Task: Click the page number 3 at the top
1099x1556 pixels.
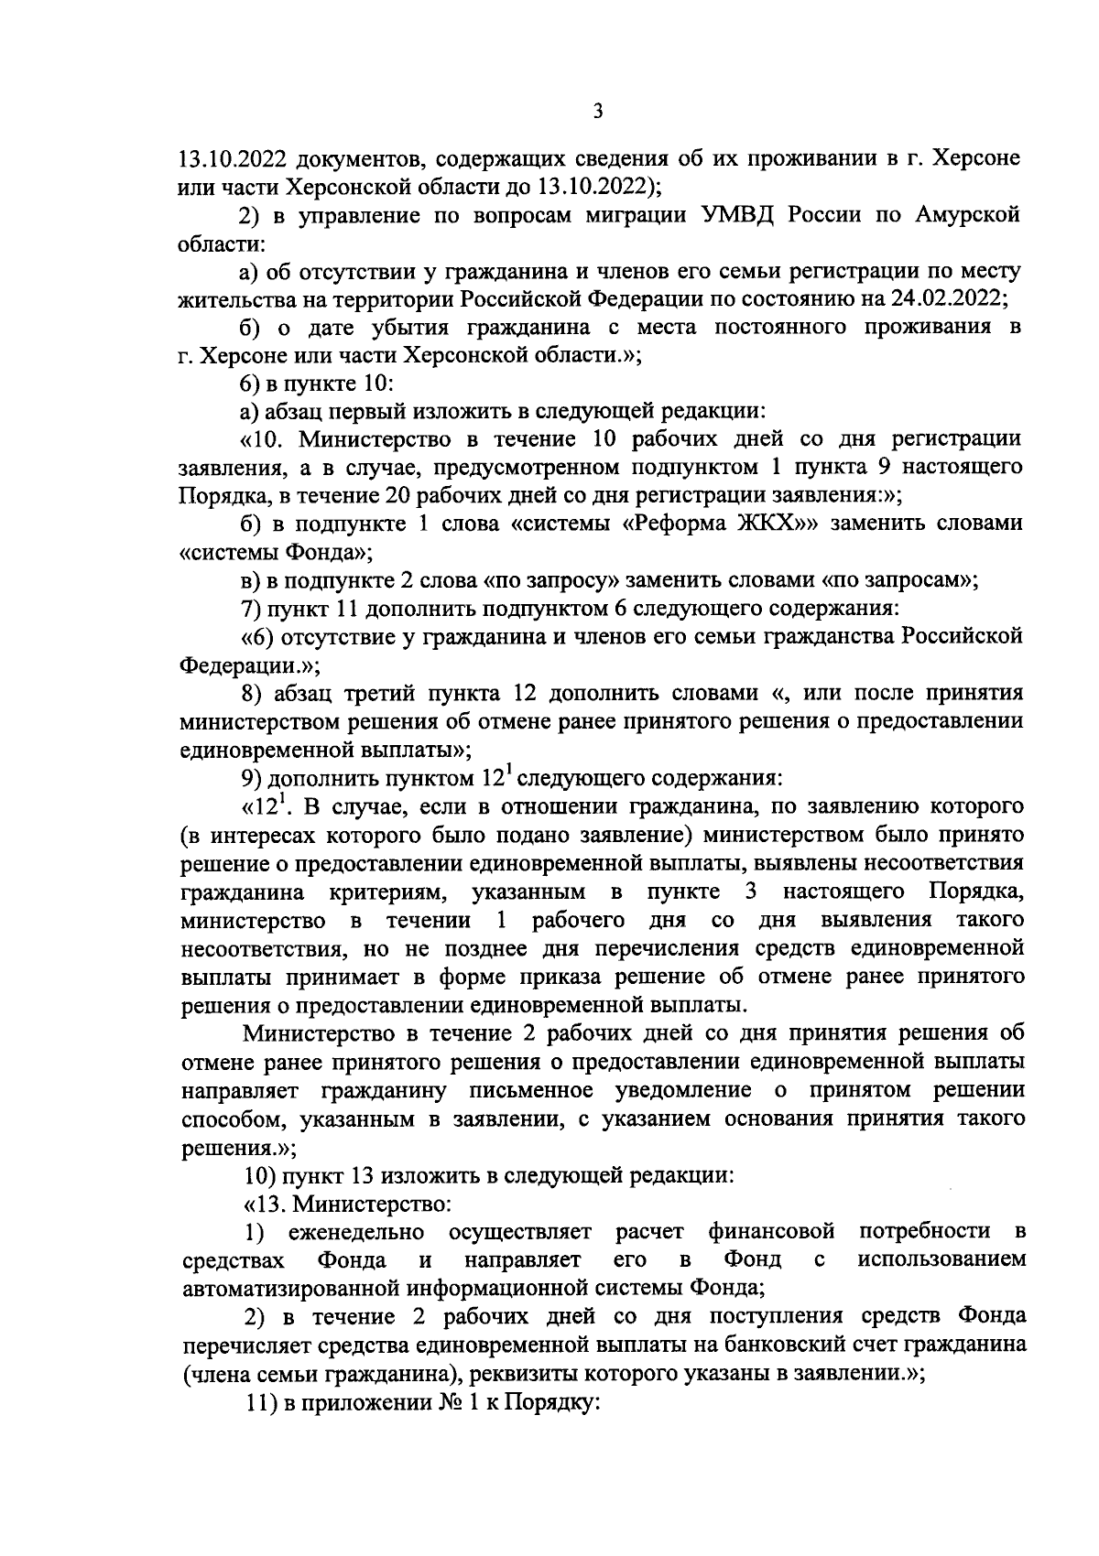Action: [x=597, y=112]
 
